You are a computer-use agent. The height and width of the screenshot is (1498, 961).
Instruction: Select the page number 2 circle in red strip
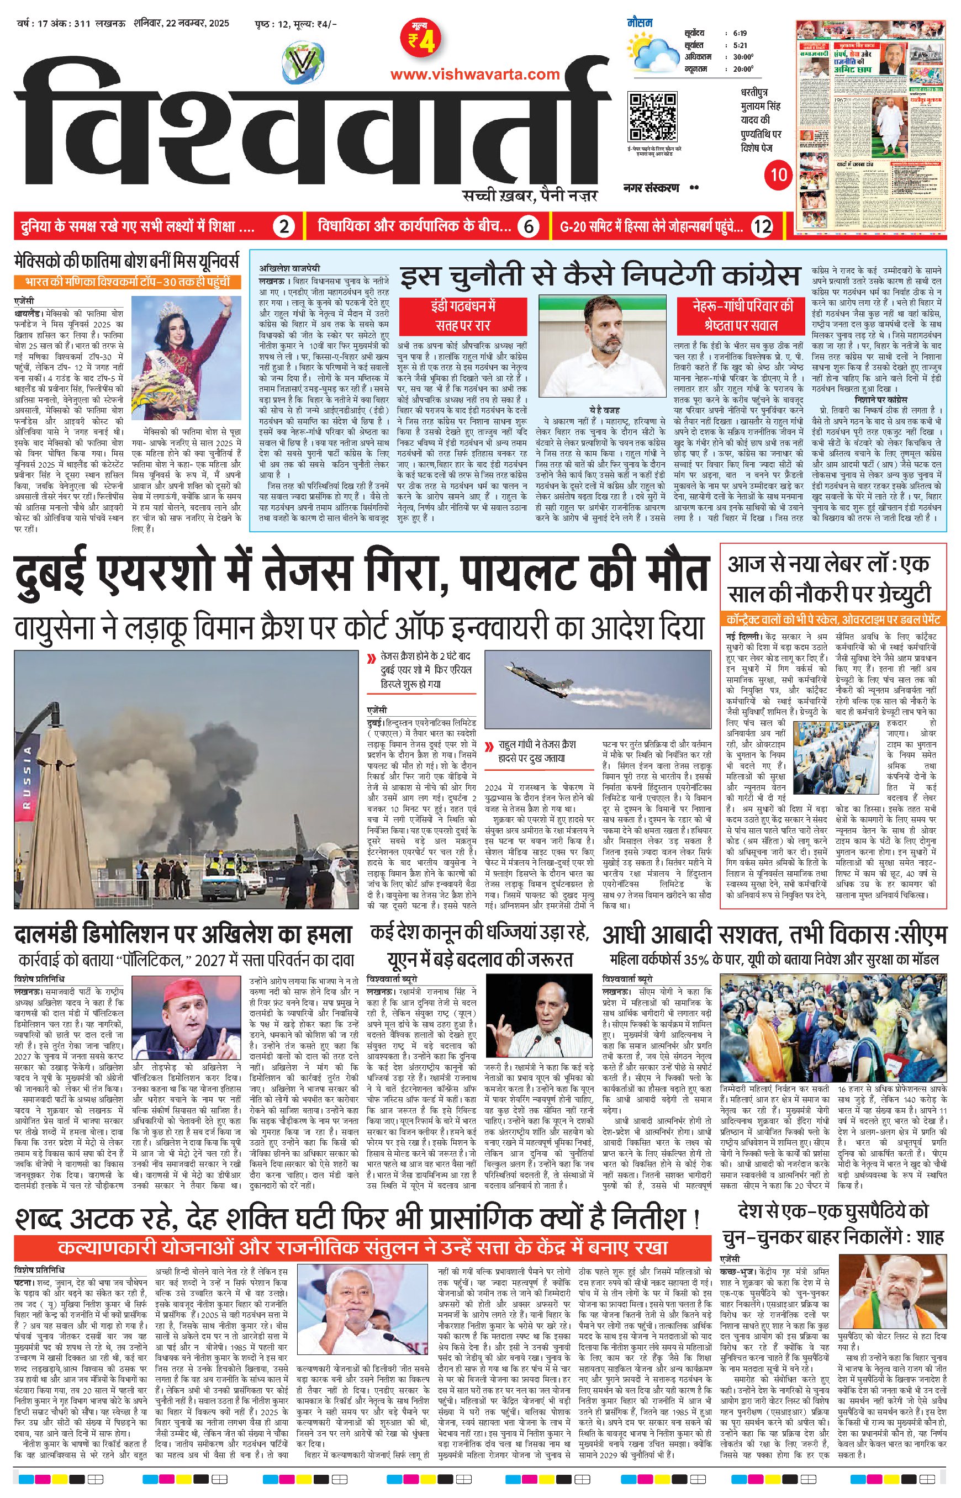pyautogui.click(x=283, y=226)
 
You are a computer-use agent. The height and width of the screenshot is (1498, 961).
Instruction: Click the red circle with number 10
pyautogui.click(x=778, y=174)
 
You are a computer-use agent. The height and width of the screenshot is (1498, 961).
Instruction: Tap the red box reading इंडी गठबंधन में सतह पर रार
pyautogui.click(x=462, y=316)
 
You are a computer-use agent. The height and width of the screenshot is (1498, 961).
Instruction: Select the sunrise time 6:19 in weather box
pyautogui.click(x=741, y=34)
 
